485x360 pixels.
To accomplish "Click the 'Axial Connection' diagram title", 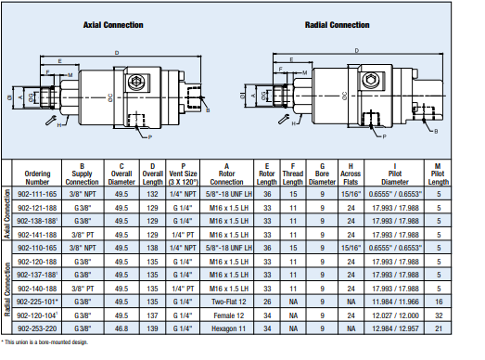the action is [x=113, y=25].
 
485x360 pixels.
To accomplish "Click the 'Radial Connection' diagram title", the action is [x=338, y=25].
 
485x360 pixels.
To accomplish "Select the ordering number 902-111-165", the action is [x=37, y=194].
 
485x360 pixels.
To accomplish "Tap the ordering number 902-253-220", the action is [x=37, y=328].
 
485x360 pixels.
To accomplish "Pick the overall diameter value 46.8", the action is [x=121, y=328].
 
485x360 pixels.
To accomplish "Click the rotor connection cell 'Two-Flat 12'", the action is [x=228, y=302].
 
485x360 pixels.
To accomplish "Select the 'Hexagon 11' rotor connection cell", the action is [x=228, y=328].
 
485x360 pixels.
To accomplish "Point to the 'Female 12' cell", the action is [x=228, y=315].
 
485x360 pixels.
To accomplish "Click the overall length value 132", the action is [x=152, y=194].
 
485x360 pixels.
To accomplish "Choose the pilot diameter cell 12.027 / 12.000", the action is [x=395, y=315].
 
